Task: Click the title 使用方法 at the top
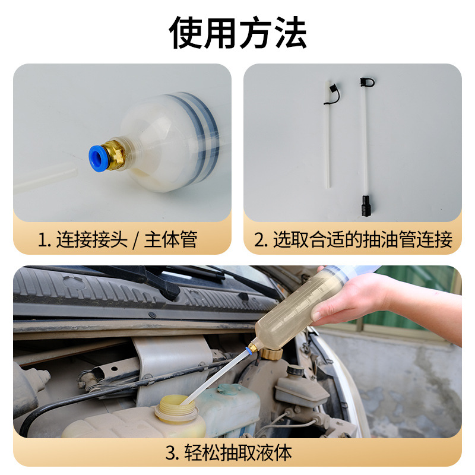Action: coord(237,33)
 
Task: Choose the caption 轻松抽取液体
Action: coord(237,454)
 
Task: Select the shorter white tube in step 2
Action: coord(328,142)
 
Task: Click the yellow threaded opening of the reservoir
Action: coord(175,410)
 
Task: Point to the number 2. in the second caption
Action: coord(261,240)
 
